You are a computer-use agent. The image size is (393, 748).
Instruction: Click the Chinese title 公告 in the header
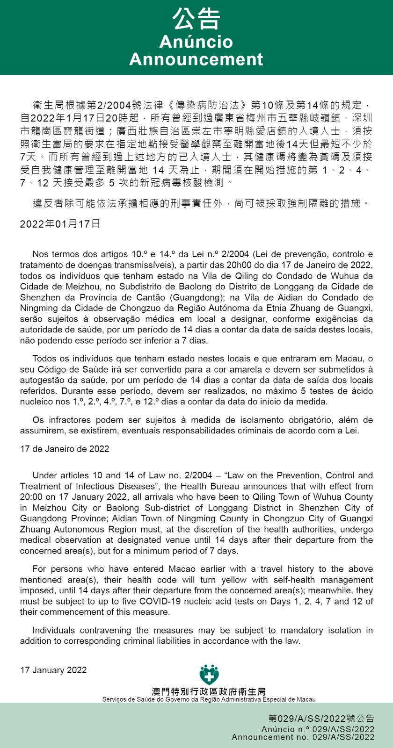click(x=196, y=20)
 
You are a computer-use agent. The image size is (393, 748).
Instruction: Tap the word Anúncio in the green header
click(x=196, y=42)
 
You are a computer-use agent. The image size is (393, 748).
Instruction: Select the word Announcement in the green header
click(x=196, y=59)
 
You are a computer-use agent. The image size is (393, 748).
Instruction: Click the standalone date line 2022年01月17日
click(x=60, y=224)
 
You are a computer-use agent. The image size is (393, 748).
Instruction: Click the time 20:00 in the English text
click(x=30, y=497)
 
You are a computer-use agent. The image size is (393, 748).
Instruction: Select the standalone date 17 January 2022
click(x=53, y=670)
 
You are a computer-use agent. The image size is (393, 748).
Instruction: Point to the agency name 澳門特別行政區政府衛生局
click(x=209, y=691)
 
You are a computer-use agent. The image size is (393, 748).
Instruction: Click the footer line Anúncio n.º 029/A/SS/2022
click(x=318, y=729)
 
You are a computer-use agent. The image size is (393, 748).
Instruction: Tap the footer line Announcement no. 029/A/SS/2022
click(x=303, y=737)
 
